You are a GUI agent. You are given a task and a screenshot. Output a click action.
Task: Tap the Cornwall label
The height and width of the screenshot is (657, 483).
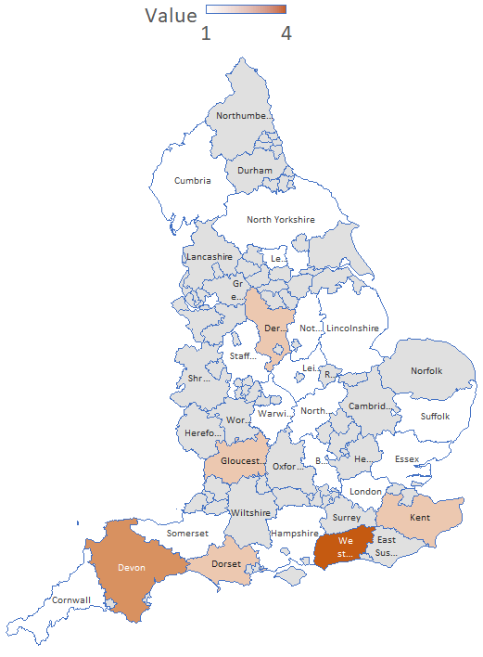[x=71, y=600]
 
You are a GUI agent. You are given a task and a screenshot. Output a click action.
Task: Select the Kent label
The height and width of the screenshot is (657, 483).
[x=419, y=517]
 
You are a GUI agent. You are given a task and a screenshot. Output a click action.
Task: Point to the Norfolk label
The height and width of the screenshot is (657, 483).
[x=426, y=371]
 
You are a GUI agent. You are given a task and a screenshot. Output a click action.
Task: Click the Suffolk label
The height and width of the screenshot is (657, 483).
[x=434, y=416]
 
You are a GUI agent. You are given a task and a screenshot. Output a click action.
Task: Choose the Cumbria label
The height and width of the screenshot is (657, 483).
[x=193, y=180]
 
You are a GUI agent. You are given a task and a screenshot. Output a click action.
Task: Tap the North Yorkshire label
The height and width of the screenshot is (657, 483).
[x=280, y=220]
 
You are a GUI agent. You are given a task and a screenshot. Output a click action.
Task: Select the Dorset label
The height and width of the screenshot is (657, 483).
[x=226, y=564]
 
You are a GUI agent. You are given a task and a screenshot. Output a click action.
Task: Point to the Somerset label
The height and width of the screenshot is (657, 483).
[x=189, y=534]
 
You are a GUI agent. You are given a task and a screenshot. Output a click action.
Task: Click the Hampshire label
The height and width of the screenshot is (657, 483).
[x=294, y=535]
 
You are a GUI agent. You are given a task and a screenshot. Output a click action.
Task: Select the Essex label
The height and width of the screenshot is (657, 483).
[x=407, y=459]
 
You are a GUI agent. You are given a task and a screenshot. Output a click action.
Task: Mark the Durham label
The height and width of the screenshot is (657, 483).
[x=255, y=171]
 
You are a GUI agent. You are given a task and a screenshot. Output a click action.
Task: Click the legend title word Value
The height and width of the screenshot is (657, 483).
[x=171, y=16]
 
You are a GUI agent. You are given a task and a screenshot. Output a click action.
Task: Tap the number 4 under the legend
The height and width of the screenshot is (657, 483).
[x=286, y=33]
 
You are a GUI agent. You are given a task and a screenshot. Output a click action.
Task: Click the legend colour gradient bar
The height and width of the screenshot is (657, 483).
[x=246, y=9]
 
